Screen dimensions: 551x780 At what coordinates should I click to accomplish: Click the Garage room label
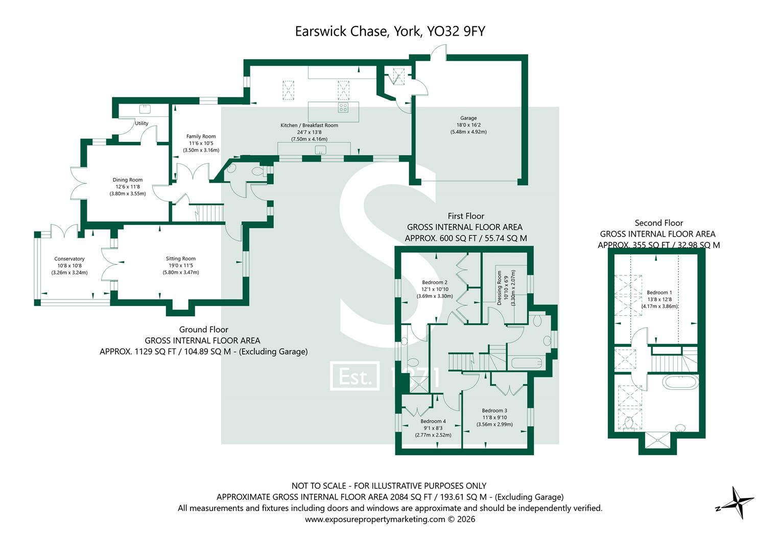tap(468, 118)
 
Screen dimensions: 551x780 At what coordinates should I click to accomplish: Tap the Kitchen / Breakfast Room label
tap(309, 126)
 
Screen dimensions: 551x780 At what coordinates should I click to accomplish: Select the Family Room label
tap(201, 137)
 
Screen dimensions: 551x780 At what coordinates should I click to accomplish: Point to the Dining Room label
tap(128, 180)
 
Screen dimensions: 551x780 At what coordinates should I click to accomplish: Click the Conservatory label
tap(69, 259)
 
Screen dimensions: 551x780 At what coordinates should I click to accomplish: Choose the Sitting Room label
tap(180, 259)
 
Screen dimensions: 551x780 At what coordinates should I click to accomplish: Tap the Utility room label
tap(141, 123)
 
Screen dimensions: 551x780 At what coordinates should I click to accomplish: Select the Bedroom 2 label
tap(435, 283)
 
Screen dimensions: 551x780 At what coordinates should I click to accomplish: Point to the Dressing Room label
tap(500, 288)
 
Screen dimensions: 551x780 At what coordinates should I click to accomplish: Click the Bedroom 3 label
tap(494, 411)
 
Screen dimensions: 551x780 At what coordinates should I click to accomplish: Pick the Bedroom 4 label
tap(433, 421)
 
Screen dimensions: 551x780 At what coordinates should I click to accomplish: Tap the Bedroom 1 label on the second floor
tap(659, 293)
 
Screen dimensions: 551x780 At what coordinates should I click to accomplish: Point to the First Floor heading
tap(466, 216)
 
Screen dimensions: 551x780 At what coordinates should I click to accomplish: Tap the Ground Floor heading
tap(203, 330)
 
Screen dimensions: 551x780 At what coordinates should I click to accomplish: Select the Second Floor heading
tap(658, 223)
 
